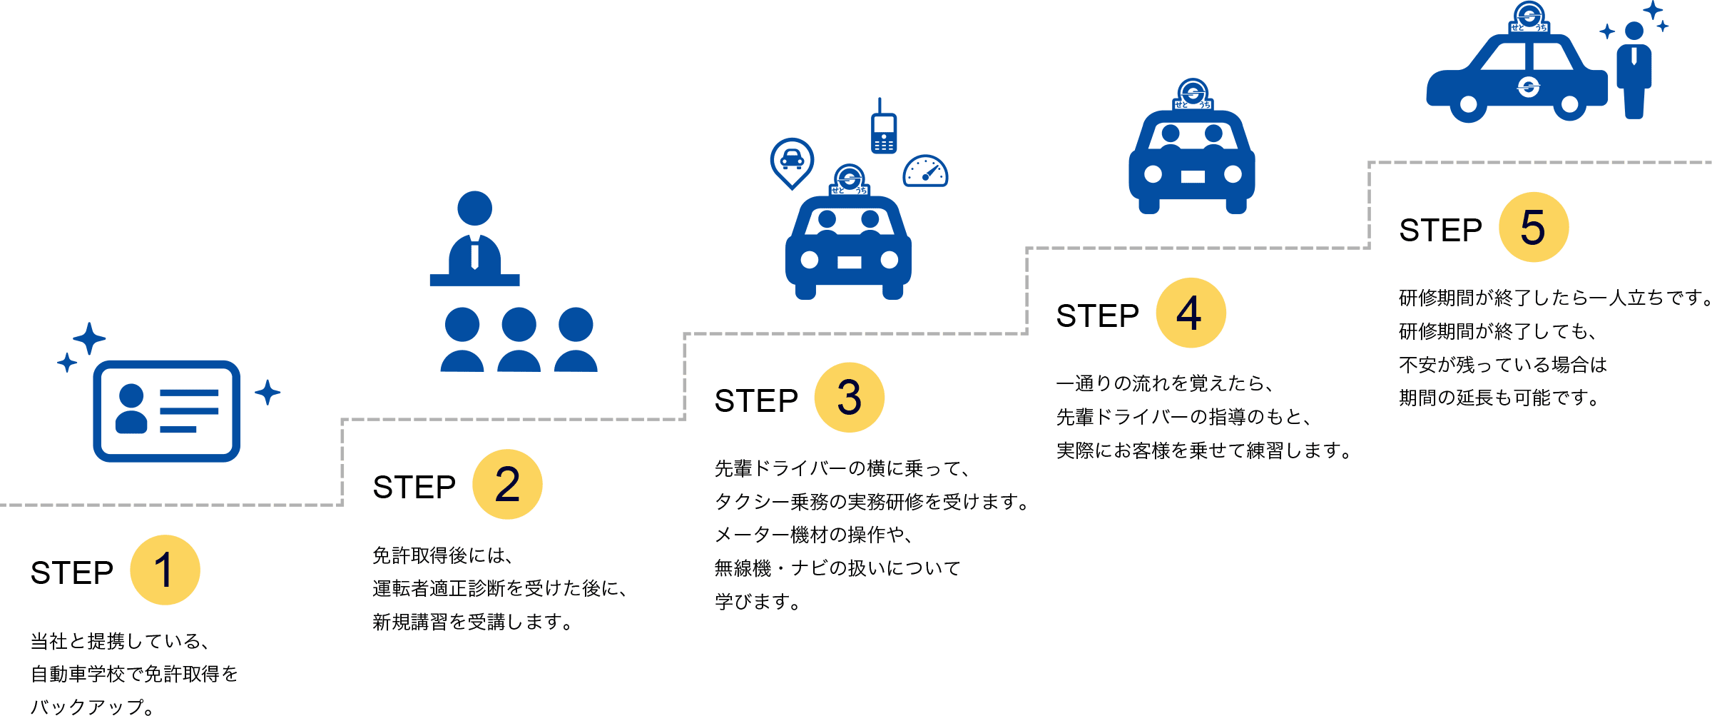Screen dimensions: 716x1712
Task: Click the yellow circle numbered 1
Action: click(165, 570)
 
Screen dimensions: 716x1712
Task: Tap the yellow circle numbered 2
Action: click(507, 484)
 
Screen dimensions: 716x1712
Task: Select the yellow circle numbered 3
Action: click(850, 398)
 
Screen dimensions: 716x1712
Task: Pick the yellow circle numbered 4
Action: click(1191, 313)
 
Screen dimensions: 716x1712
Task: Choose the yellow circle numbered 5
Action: click(1534, 227)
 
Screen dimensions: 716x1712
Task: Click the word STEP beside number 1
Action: click(72, 573)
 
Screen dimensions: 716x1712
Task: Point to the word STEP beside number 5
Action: click(1440, 230)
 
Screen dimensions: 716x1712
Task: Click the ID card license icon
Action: click(166, 410)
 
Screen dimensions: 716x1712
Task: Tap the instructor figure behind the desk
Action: click(474, 232)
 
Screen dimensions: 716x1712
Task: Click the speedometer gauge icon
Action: click(925, 172)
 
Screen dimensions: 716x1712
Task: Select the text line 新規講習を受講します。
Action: click(473, 622)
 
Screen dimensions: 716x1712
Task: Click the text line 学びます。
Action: click(758, 602)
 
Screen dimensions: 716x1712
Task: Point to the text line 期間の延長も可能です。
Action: click(1499, 398)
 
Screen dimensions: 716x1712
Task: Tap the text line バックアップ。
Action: click(93, 707)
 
